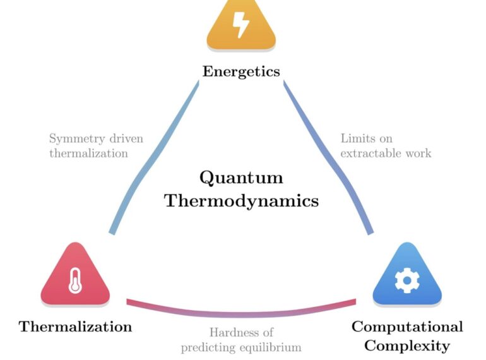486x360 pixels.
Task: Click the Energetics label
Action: pyautogui.click(x=241, y=71)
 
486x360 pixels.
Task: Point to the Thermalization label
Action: pyautogui.click(x=75, y=327)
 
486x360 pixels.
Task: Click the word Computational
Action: pyautogui.click(x=407, y=327)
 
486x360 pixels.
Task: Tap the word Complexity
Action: pyautogui.click(x=407, y=346)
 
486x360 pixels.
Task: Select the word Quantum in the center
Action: pyautogui.click(x=241, y=177)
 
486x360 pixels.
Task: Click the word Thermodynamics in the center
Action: pyautogui.click(x=241, y=201)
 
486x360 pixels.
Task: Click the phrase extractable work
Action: pyautogui.click(x=386, y=153)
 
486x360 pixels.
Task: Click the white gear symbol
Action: pyautogui.click(x=406, y=280)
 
